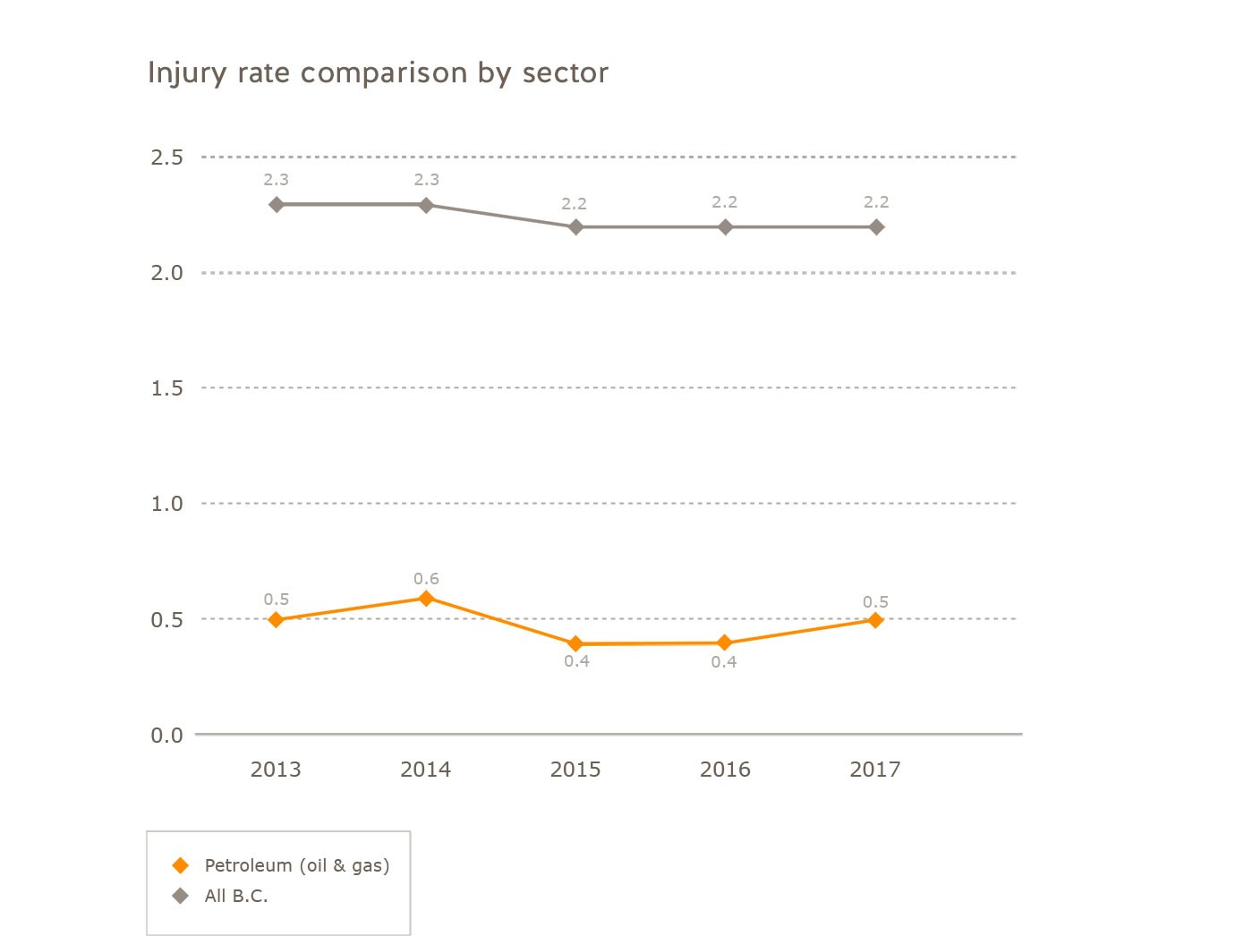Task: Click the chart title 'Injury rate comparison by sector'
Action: [x=378, y=72]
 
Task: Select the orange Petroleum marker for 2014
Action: [x=426, y=598]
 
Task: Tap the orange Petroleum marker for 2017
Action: [x=875, y=620]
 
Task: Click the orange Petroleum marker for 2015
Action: [x=575, y=643]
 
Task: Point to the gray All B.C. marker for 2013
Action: [x=277, y=205]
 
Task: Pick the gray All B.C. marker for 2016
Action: [x=725, y=227]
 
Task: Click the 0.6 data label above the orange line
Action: [x=426, y=579]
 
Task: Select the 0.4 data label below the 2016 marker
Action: [x=724, y=662]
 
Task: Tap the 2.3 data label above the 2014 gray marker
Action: [x=426, y=180]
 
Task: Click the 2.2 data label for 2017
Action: [x=876, y=202]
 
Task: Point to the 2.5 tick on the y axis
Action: [x=166, y=157]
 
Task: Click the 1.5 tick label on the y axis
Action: [x=166, y=388]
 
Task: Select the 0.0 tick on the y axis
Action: [x=166, y=736]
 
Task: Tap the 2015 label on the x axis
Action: [x=575, y=770]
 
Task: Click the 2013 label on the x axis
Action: [x=276, y=770]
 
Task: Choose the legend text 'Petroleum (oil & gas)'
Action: [x=297, y=865]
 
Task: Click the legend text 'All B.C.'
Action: [x=236, y=896]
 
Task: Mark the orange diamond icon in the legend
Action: [x=181, y=865]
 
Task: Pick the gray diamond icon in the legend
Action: [x=181, y=896]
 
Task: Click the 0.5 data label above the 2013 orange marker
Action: [x=276, y=600]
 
